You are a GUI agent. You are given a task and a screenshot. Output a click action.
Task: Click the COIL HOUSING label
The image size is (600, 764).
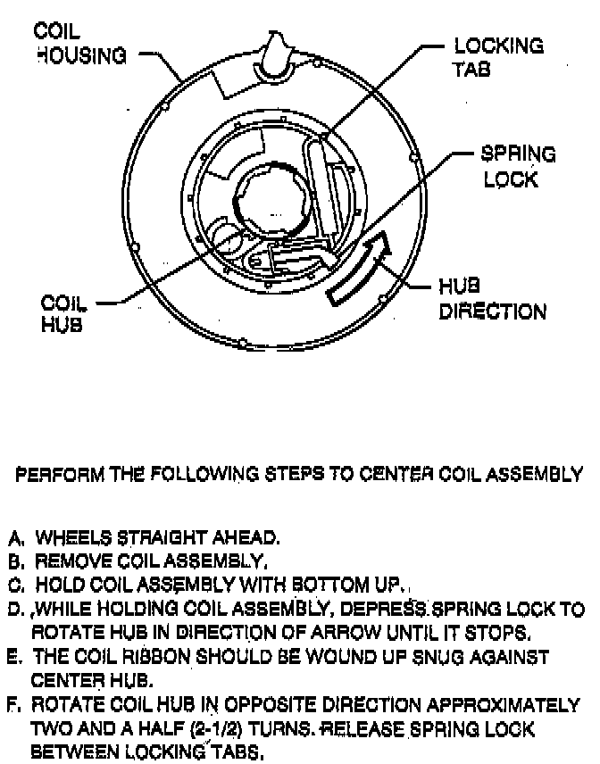click(x=79, y=43)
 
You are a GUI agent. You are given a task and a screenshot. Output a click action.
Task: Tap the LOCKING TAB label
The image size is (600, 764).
click(x=498, y=57)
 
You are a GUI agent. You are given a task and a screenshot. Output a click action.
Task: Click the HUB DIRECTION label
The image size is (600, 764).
click(x=492, y=300)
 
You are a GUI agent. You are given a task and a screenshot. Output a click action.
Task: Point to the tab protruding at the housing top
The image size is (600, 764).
click(x=277, y=54)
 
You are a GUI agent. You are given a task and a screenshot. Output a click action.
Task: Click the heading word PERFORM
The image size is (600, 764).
click(x=53, y=475)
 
